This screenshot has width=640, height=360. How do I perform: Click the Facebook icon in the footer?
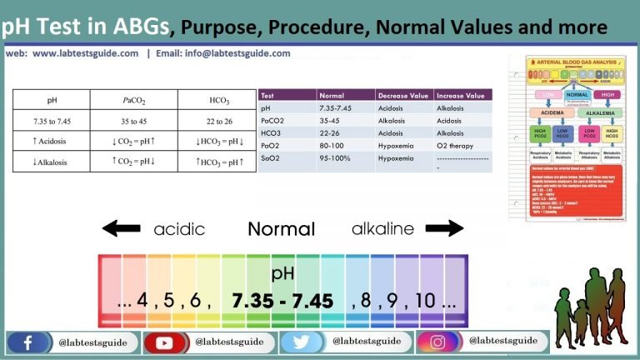pos(28,342)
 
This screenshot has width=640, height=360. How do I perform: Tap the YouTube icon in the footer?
pos(164,342)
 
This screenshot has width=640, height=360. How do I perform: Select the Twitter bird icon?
pos(301,342)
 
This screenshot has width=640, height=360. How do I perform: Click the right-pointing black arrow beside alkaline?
pos(443,228)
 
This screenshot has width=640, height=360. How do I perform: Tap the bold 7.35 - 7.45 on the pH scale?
pos(282,300)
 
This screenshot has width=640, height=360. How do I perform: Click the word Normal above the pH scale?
pos(281,229)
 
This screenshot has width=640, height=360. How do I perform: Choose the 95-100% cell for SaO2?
pos(337,157)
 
